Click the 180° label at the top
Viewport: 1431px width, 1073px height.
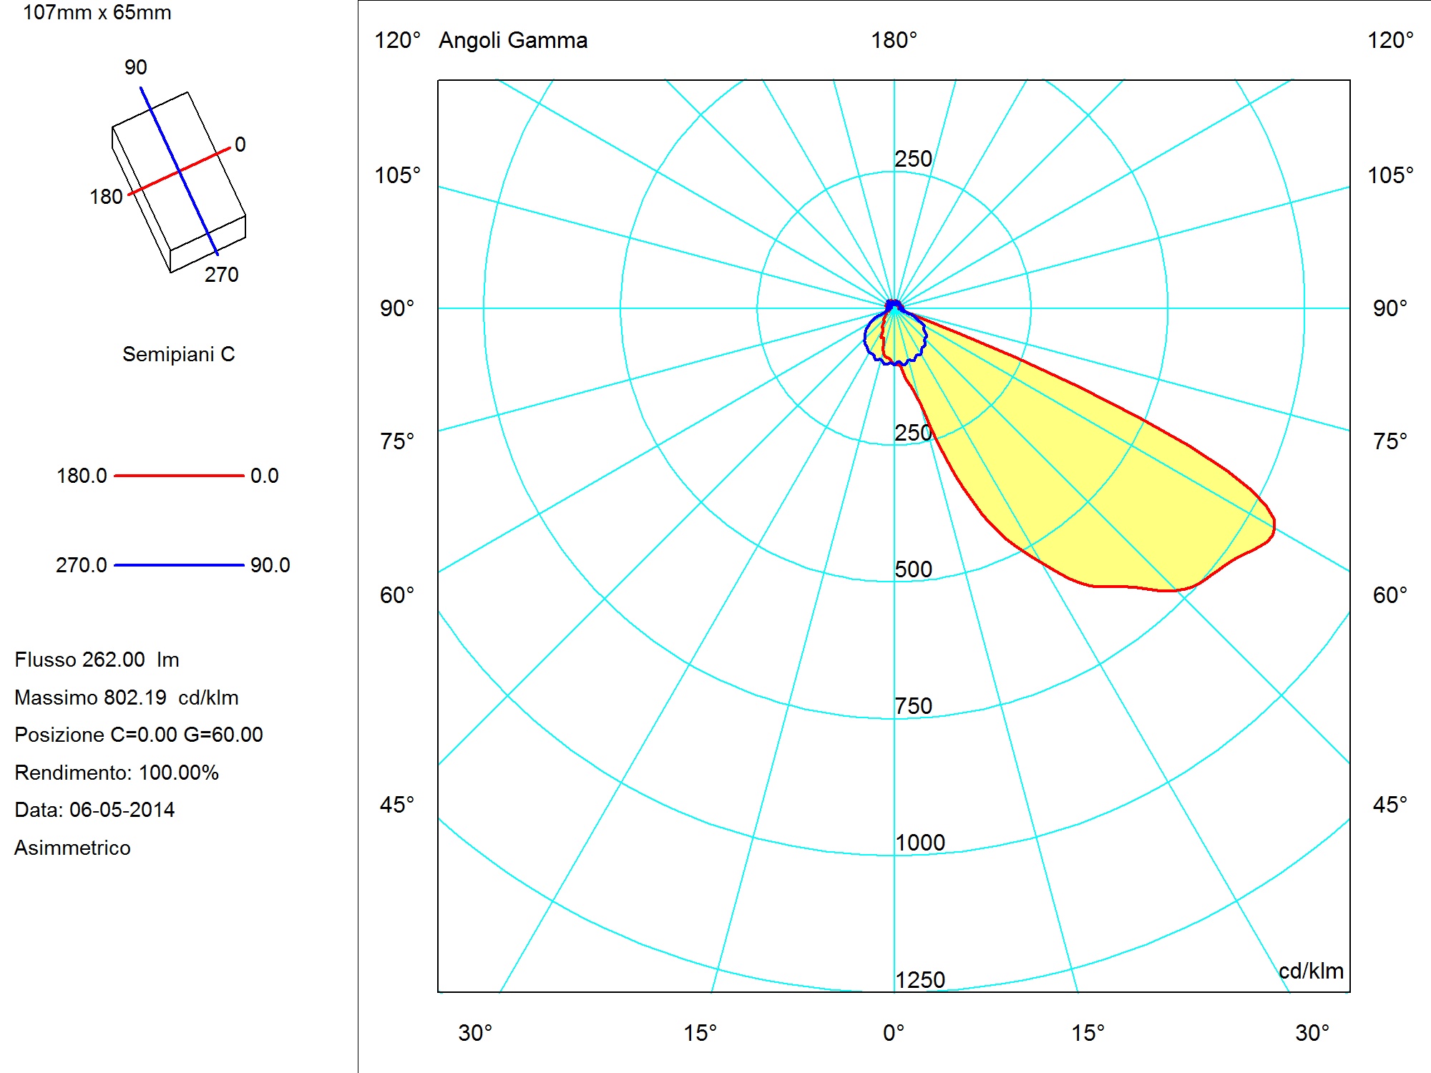click(894, 40)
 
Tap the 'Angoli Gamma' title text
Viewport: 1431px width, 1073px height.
click(513, 41)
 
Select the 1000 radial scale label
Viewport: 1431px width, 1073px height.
click(920, 843)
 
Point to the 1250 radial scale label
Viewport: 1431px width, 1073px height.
click(920, 980)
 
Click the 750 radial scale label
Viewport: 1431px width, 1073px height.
click(914, 706)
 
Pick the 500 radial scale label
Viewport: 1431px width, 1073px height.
click(914, 569)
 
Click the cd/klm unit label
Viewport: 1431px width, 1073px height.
click(1311, 971)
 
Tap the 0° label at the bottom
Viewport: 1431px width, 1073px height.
click(894, 1033)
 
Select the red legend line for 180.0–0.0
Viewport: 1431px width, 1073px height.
click(179, 476)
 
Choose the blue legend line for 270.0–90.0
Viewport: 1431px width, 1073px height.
click(179, 565)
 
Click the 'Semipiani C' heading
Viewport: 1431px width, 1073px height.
click(179, 354)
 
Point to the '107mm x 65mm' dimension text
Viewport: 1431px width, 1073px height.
click(97, 12)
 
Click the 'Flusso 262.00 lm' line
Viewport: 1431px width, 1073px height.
click(97, 660)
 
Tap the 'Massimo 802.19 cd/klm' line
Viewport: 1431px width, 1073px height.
click(127, 697)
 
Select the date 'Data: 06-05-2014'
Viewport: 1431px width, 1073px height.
click(94, 810)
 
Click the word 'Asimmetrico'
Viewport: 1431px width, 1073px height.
click(72, 848)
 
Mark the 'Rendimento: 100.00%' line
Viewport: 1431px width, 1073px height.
click(117, 773)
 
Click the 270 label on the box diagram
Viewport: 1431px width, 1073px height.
click(222, 275)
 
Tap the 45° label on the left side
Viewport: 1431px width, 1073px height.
click(397, 805)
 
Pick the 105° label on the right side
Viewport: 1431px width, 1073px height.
click(1391, 175)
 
